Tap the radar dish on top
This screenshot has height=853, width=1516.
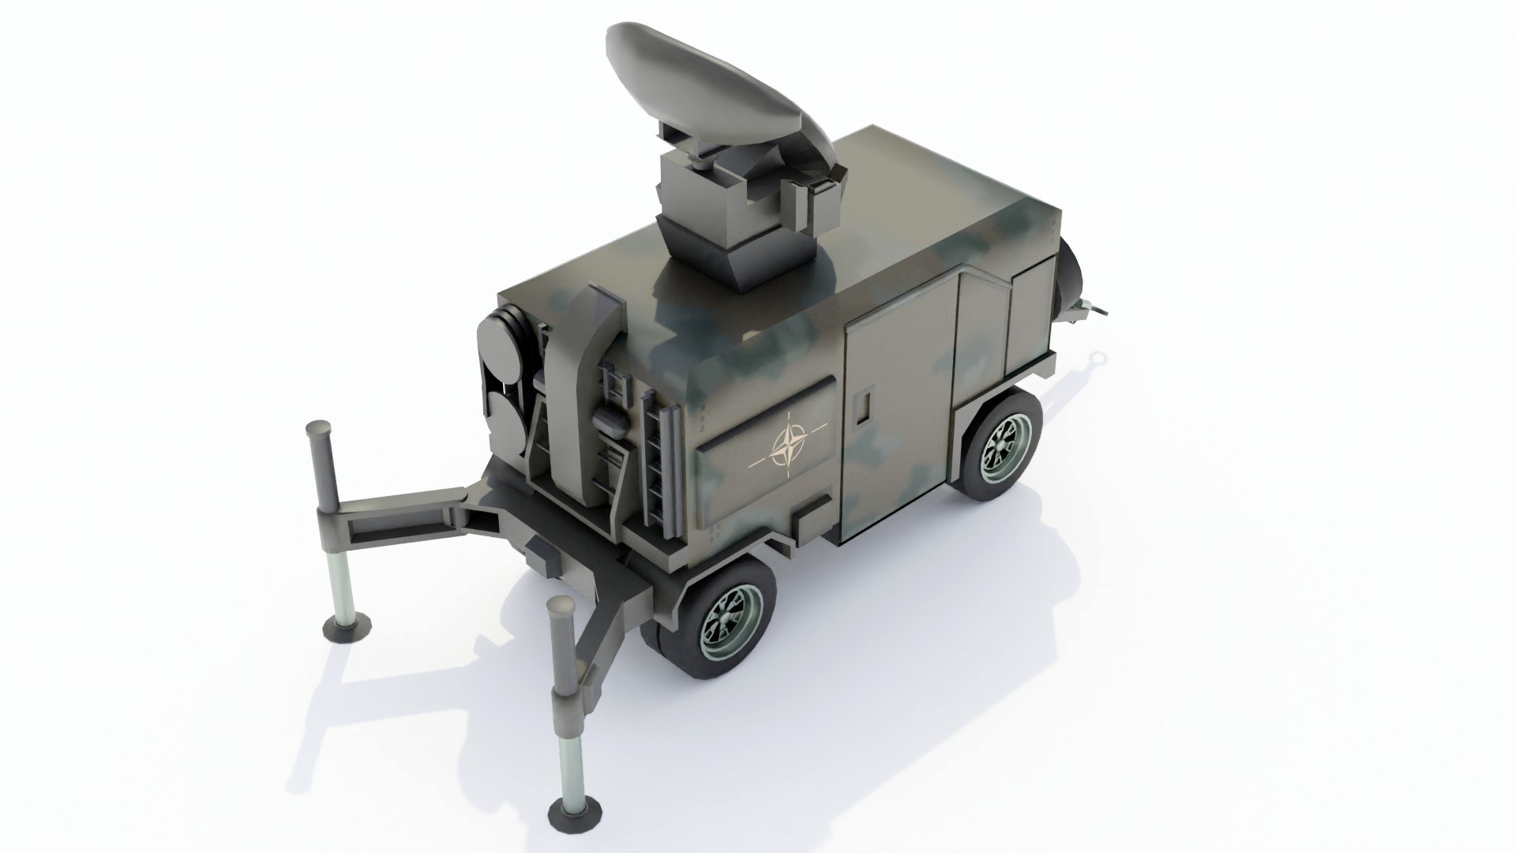coord(711,87)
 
